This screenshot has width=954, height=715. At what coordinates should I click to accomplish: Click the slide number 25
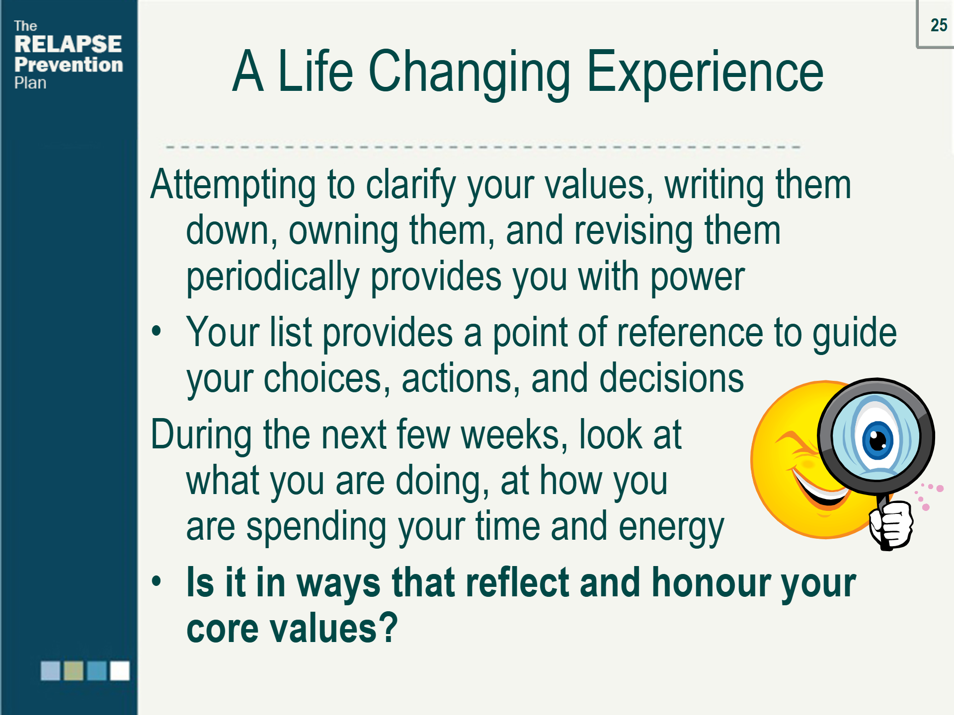(x=939, y=25)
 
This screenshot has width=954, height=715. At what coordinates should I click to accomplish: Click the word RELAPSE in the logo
(x=68, y=44)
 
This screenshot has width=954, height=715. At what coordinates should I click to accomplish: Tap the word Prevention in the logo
(x=69, y=65)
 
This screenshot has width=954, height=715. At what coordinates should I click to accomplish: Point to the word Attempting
(x=233, y=185)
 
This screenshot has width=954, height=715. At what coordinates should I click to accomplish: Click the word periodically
(x=272, y=277)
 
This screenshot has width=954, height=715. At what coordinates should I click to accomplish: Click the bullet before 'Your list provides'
(x=157, y=331)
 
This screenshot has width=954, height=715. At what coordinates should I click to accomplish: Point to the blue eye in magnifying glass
(x=877, y=440)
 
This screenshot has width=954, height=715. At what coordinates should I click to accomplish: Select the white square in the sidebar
(x=120, y=671)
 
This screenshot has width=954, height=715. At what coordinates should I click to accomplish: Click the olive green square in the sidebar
(x=74, y=671)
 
